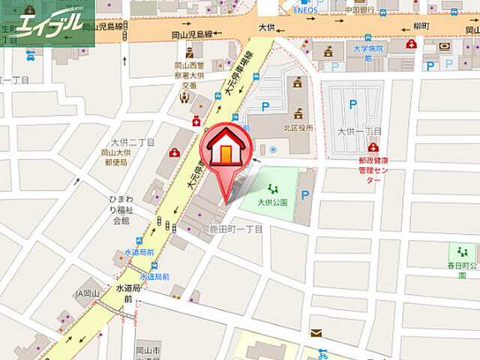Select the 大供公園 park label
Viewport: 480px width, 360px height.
272,202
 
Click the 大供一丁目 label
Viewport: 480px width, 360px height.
359,131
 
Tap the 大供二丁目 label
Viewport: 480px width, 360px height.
132,142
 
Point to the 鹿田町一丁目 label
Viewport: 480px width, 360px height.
235,229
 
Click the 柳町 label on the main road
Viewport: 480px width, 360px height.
440,26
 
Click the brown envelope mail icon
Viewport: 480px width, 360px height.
316,331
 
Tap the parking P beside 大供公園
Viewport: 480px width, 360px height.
304,195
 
